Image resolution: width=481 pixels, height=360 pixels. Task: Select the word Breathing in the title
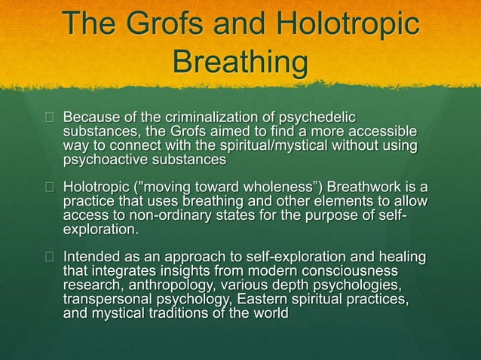click(240, 62)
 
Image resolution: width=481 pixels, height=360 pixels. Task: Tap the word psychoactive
click(110, 160)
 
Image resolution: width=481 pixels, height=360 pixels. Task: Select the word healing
click(399, 256)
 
